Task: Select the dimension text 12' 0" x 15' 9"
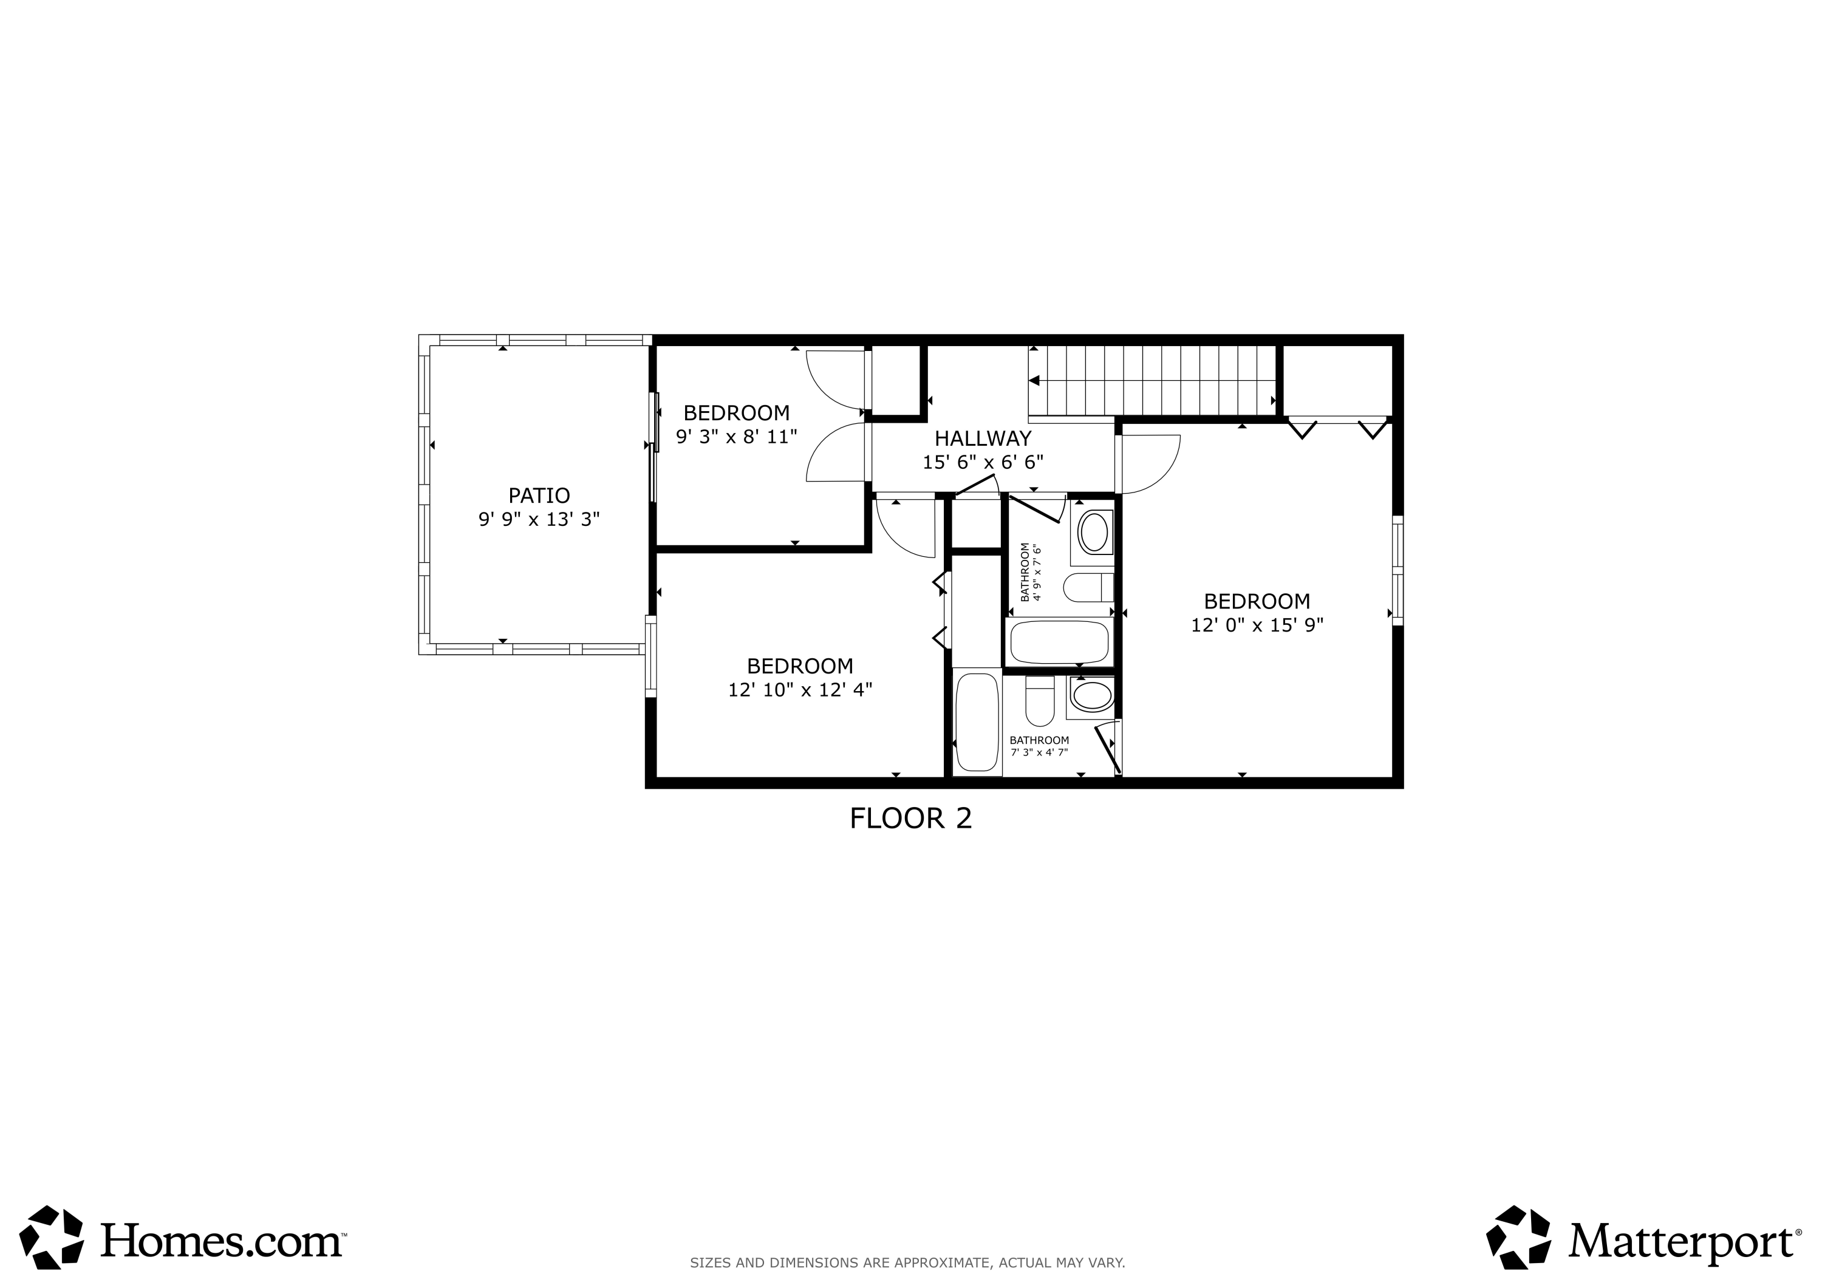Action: tap(1257, 625)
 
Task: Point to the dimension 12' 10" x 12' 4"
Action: tap(800, 690)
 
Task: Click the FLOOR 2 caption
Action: tap(910, 818)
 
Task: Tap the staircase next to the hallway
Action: tap(1152, 380)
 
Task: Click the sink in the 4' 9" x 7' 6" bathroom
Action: tap(1094, 533)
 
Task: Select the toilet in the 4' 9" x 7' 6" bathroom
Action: tap(1088, 588)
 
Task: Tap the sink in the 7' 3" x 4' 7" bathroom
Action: tap(1092, 696)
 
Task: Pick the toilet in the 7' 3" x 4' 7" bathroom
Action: tap(1040, 701)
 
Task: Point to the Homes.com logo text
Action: tap(222, 1241)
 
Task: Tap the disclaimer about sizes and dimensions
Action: tap(907, 1262)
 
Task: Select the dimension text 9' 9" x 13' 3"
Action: tap(539, 520)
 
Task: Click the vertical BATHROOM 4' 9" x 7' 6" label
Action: tap(1030, 571)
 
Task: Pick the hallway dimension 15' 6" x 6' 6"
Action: tap(983, 462)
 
